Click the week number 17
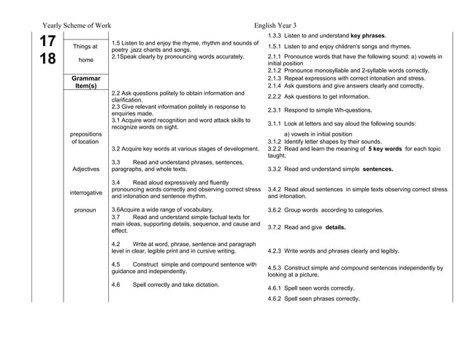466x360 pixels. point(47,42)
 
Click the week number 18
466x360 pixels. point(47,60)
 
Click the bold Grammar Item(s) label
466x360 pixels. point(85,81)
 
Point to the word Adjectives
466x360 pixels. point(85,169)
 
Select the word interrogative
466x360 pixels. point(85,193)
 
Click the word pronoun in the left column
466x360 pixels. point(85,210)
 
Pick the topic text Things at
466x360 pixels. point(85,47)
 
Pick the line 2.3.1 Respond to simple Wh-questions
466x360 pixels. point(319,110)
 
